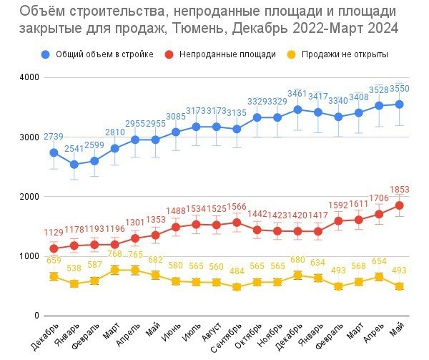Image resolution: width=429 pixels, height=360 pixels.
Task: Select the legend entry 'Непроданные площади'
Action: pos(227,54)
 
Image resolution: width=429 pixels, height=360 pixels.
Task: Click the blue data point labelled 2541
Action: pos(74,164)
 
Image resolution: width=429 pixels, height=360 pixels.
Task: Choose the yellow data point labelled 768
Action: pos(114,270)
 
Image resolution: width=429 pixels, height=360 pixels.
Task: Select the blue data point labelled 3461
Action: pos(297,110)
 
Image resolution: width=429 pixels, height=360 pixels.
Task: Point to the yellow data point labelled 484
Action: pos(237,287)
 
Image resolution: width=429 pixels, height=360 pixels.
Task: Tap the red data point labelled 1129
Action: pos(54,248)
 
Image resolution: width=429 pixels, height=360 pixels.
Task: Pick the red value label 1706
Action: pos(378,198)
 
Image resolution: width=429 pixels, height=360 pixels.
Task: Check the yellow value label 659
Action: pos(54,261)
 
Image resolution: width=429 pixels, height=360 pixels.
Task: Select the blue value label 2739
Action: pos(54,137)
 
